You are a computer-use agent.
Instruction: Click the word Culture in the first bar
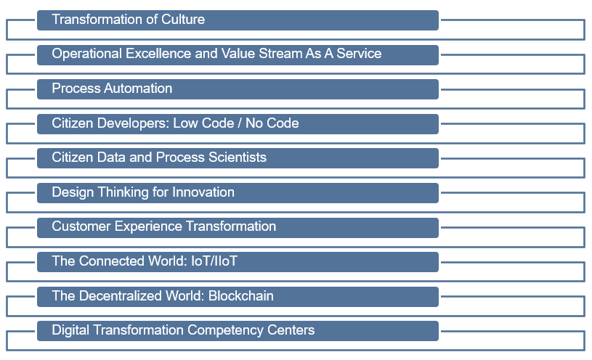(x=183, y=20)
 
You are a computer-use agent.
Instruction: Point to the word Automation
(x=138, y=89)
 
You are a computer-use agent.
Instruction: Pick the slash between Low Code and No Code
(x=240, y=123)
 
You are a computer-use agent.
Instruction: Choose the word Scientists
(x=238, y=157)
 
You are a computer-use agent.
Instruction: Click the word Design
(x=73, y=193)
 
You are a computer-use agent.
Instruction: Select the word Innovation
(x=203, y=192)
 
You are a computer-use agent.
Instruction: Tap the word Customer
(x=81, y=226)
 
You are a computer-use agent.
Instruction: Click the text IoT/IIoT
(x=214, y=261)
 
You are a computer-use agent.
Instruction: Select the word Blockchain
(x=241, y=296)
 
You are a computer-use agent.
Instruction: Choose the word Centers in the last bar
(x=291, y=330)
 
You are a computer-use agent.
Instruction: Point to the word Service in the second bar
(x=359, y=54)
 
